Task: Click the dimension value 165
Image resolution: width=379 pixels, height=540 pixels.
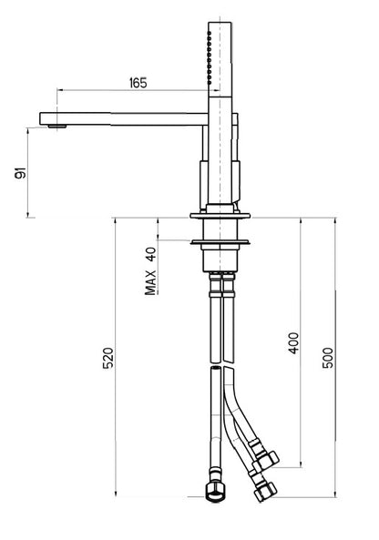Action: click(x=138, y=83)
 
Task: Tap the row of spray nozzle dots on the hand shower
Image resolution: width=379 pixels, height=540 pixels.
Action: click(x=208, y=62)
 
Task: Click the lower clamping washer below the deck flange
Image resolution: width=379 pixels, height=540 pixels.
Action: click(x=219, y=243)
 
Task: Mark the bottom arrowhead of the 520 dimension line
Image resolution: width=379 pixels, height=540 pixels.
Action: click(x=118, y=498)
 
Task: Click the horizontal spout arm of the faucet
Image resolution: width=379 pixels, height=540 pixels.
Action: click(x=128, y=117)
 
